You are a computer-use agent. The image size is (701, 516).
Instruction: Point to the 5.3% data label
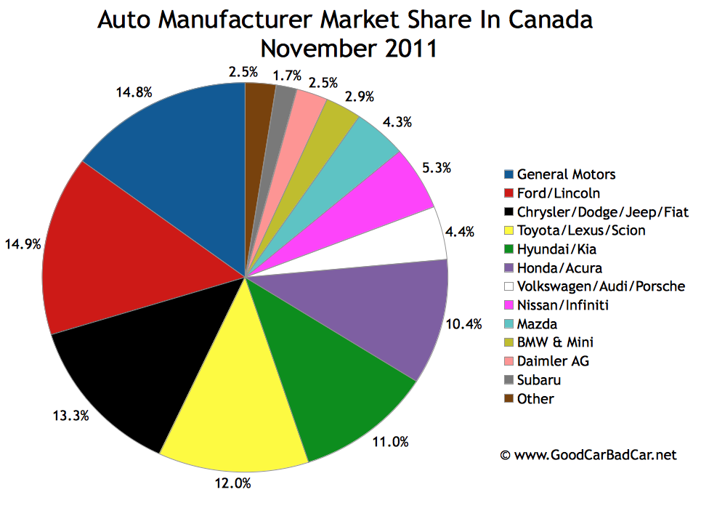point(434,169)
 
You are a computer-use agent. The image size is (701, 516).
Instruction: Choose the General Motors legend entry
point(566,174)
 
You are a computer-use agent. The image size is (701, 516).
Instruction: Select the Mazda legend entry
point(537,323)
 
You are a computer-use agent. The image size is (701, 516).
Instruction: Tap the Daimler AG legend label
point(548,361)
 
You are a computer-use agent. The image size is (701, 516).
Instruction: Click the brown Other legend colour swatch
point(509,399)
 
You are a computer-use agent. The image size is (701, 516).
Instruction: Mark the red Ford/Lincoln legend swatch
point(509,193)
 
